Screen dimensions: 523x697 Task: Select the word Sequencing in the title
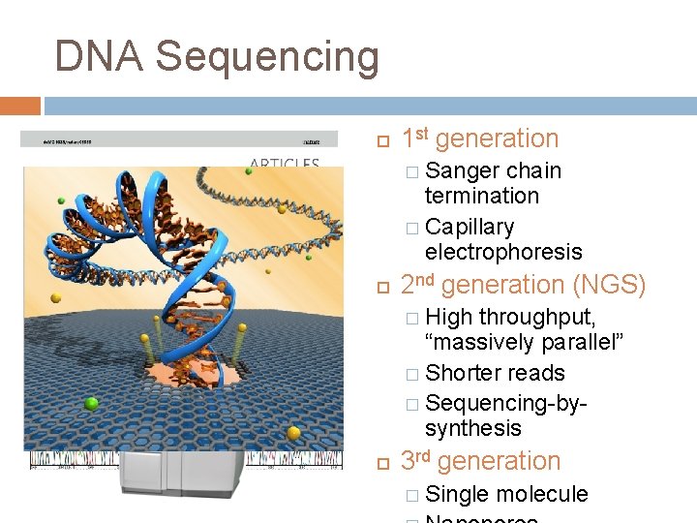click(267, 58)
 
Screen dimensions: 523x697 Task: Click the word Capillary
click(470, 227)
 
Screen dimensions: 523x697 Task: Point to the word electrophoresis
click(503, 252)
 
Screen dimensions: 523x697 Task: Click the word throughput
click(537, 318)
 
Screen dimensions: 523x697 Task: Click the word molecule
click(541, 494)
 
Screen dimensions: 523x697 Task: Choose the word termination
click(481, 196)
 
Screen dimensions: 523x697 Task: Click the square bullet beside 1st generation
click(382, 141)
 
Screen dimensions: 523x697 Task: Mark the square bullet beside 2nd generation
click(382, 288)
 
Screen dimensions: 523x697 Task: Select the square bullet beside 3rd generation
click(382, 464)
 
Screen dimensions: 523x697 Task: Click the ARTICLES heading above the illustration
click(285, 164)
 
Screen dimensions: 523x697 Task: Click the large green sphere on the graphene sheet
click(92, 403)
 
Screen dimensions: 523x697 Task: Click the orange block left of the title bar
click(20, 106)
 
